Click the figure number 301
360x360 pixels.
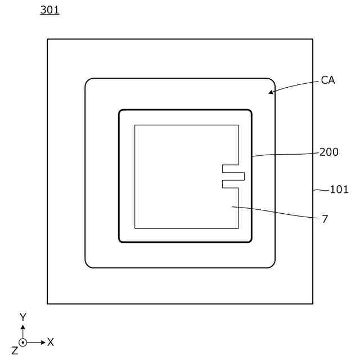click(49, 10)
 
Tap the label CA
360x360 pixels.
click(328, 80)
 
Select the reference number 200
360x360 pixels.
click(329, 152)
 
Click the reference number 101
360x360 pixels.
click(339, 190)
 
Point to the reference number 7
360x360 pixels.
click(325, 219)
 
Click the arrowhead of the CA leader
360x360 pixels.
click(270, 92)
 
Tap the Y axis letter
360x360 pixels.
click(23, 318)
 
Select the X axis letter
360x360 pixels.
click(51, 342)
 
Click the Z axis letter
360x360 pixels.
click(15, 351)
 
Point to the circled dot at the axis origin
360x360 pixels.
click(23, 342)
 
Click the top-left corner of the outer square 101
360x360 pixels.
click(47, 39)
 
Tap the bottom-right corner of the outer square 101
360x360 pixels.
click(313, 304)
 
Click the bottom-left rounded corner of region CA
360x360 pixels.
click(88, 265)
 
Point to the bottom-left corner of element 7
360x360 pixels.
click(135, 228)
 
